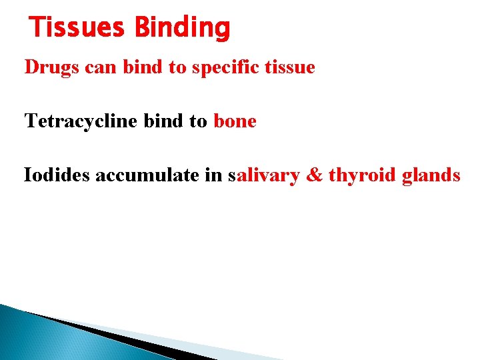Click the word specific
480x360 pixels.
pos(225,68)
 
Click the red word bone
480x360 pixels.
pos(235,122)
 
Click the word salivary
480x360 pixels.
pos(263,175)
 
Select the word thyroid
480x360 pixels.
pos(363,175)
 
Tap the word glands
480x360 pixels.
pos(431,175)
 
